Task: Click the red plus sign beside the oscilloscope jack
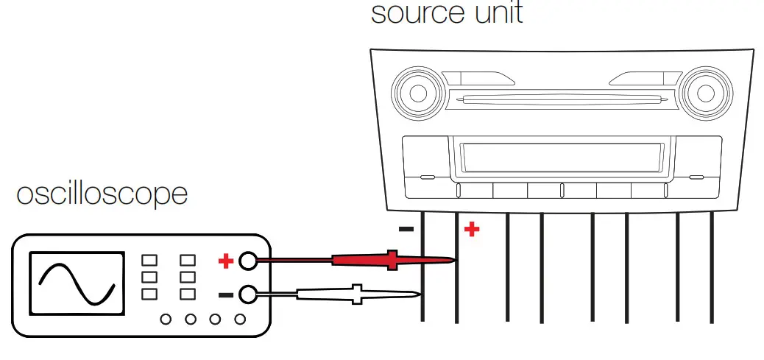pos(226,261)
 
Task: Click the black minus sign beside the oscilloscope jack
pos(226,295)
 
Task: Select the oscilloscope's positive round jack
pos(248,261)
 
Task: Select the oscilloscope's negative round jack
pos(248,295)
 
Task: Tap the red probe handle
pos(368,260)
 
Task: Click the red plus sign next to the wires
pos(472,230)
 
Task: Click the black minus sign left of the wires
pos(406,229)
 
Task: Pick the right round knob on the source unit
pos(705,93)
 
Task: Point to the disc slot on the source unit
pos(562,99)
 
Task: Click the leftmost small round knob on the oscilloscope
pos(166,320)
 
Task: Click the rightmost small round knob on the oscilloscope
pos(239,320)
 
